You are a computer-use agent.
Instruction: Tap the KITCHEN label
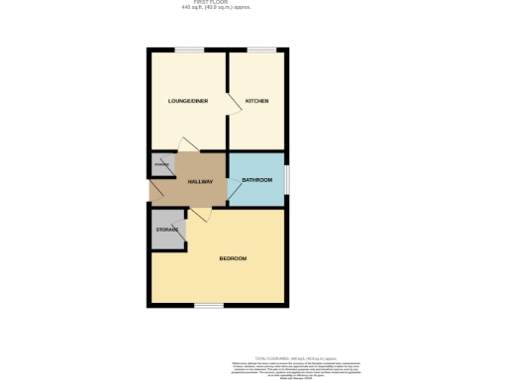coord(256,101)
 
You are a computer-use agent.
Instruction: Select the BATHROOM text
coord(256,179)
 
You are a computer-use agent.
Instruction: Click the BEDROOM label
coord(233,258)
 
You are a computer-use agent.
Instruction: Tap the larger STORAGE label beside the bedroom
coord(165,230)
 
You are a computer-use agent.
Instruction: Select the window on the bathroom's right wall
coord(287,178)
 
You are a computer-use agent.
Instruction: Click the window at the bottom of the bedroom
coord(208,305)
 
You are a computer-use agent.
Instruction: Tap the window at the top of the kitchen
coord(261,50)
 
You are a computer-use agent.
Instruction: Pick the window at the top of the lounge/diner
coord(190,50)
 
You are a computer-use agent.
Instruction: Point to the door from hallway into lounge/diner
coord(183,144)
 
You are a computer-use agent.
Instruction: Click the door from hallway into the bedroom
coord(199,214)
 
